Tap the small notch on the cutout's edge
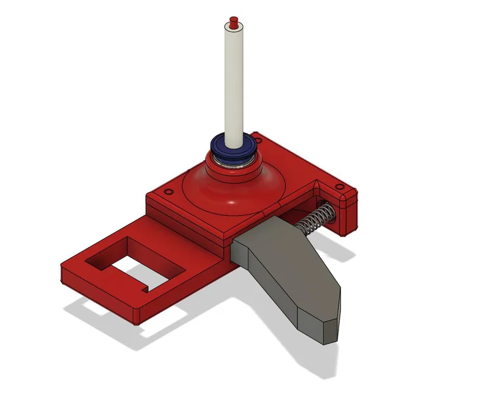pyautogui.click(x=147, y=289)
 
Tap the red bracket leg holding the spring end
pyautogui.click(x=349, y=215)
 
